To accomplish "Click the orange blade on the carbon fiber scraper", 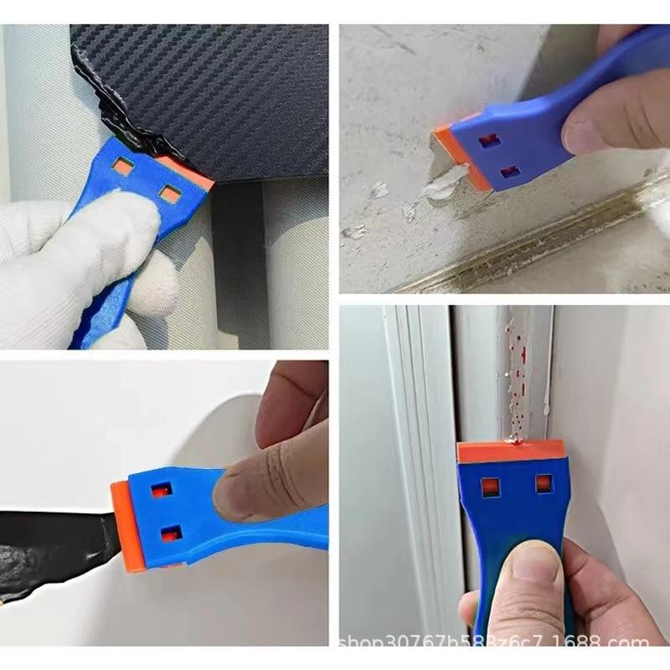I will tap(188, 171).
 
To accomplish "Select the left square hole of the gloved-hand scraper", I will tap(123, 167).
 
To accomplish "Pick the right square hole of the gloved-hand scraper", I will tap(169, 194).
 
